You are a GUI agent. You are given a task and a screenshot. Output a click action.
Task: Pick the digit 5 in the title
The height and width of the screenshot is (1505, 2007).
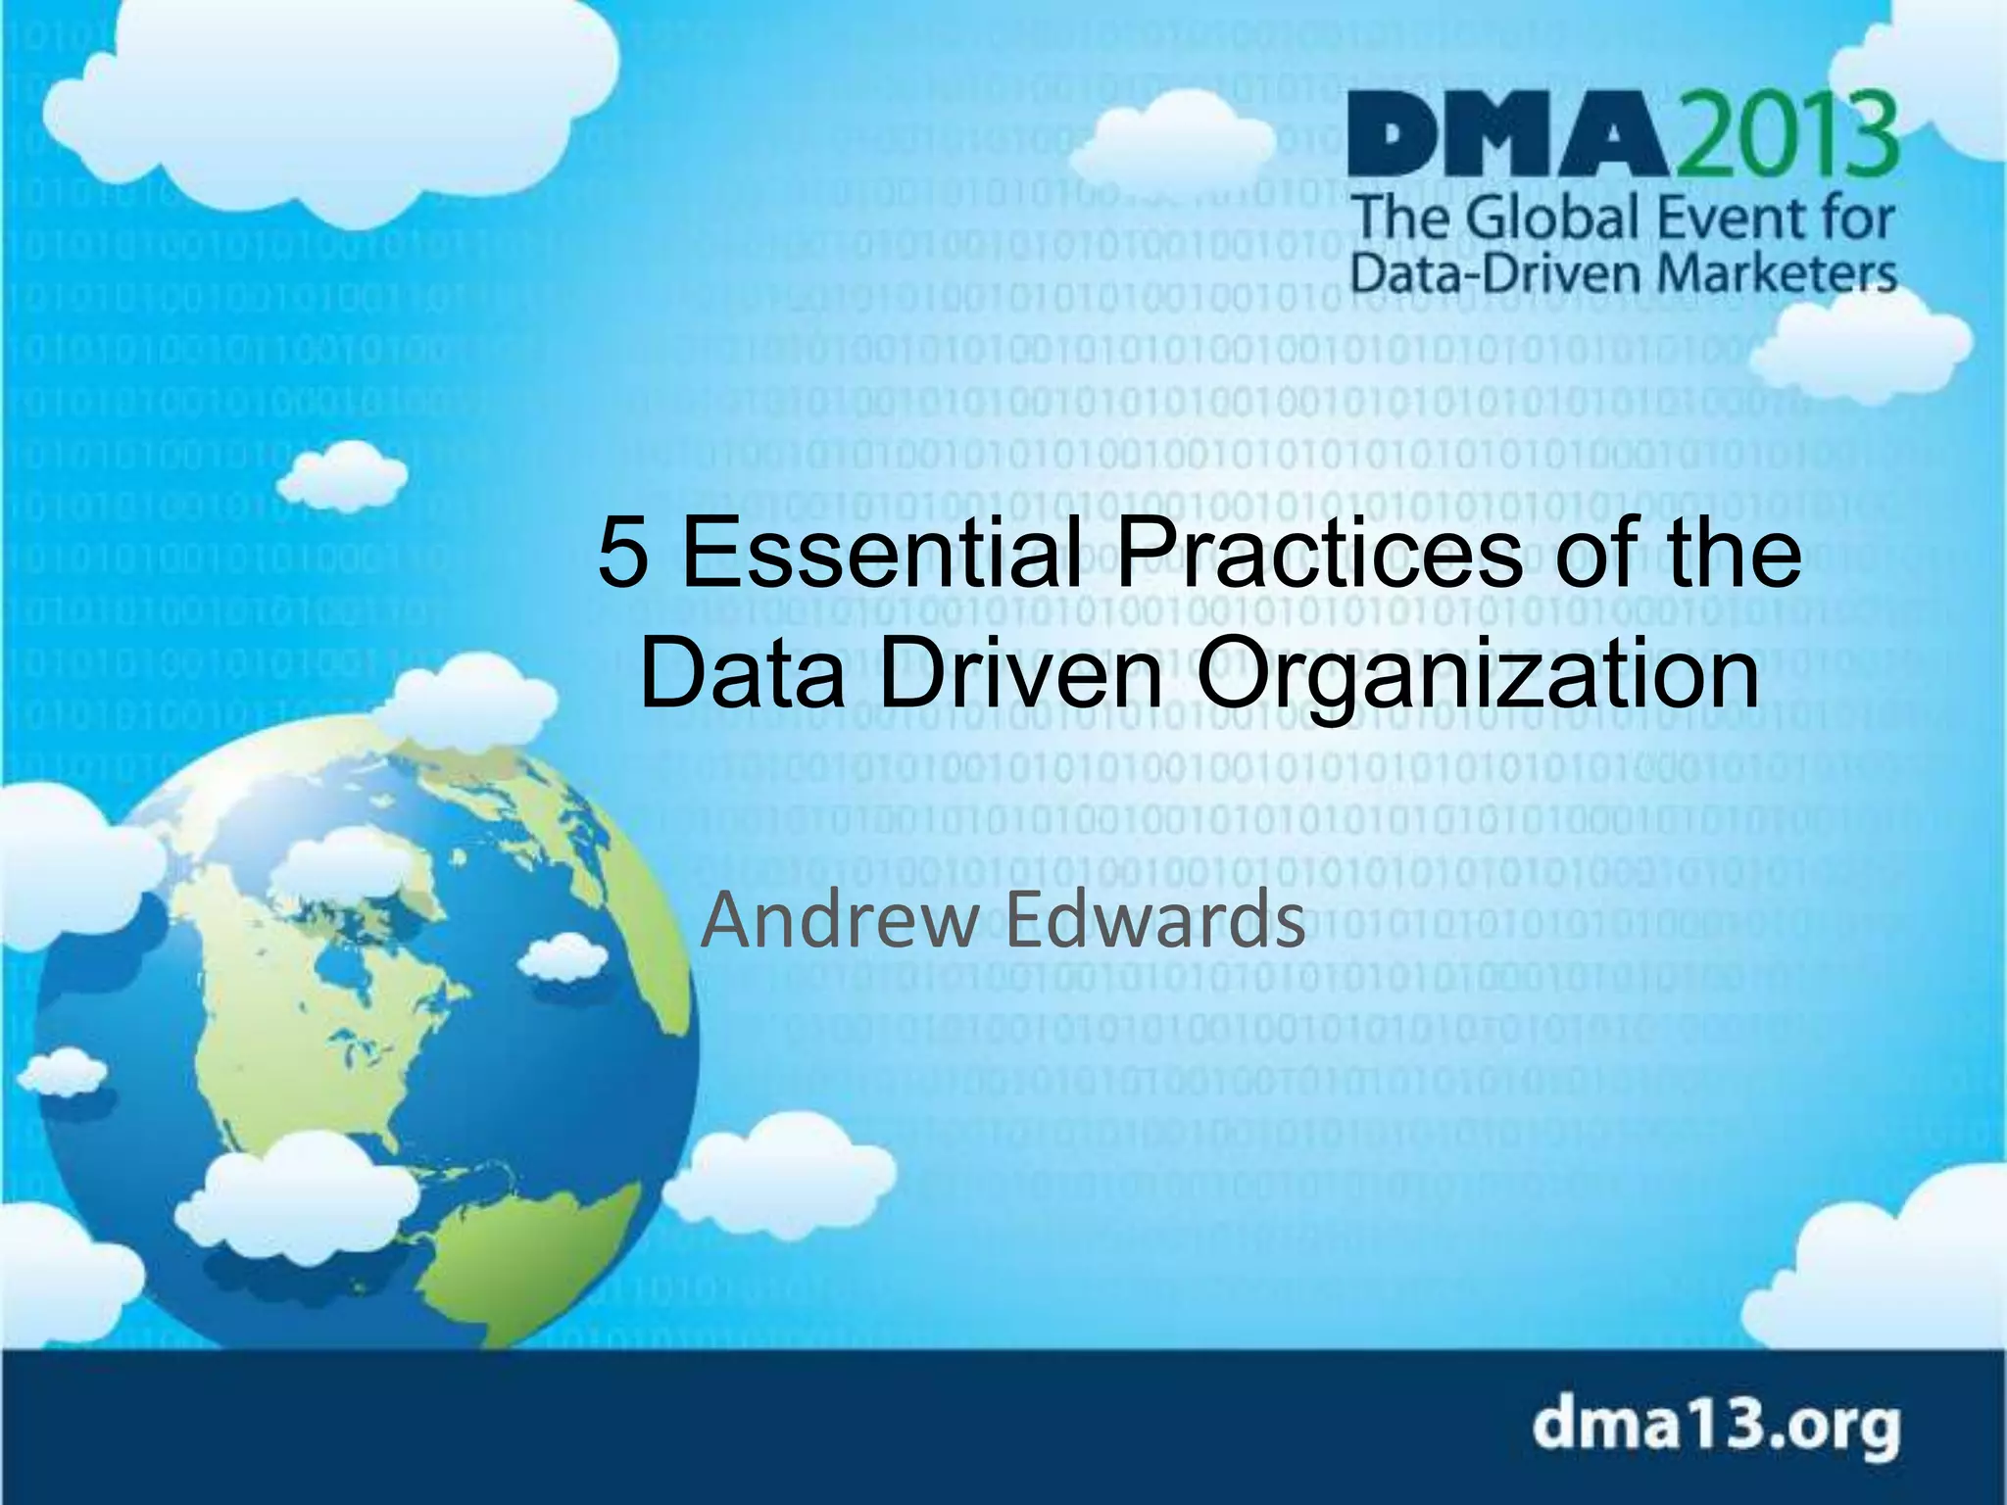coord(624,554)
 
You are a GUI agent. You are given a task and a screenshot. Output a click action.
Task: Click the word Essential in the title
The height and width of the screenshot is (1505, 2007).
coord(882,554)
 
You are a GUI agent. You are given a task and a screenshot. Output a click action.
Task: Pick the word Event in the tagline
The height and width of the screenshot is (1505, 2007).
coord(1720,218)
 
